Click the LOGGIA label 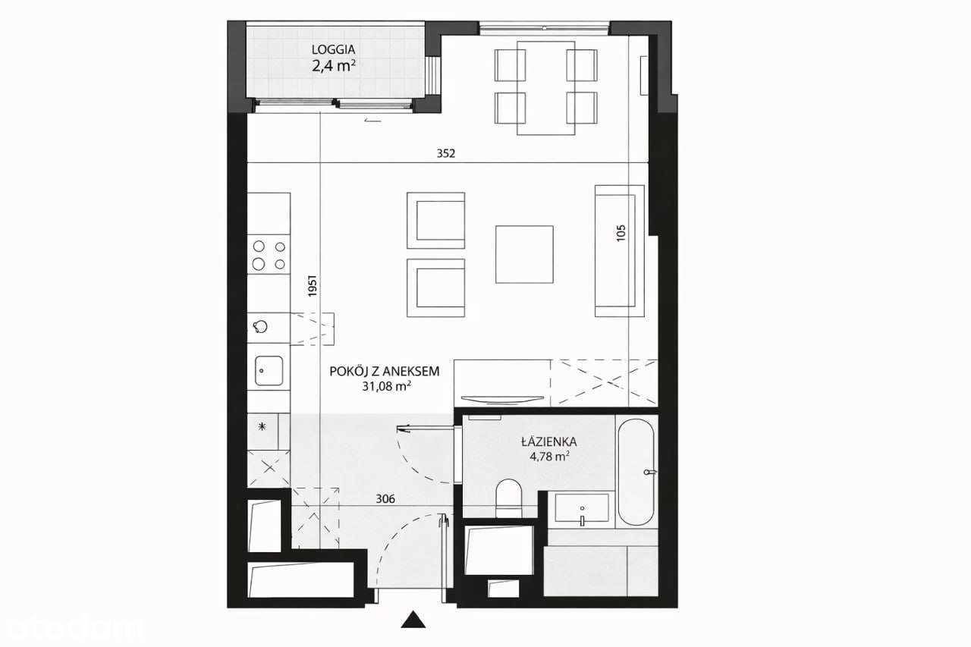(333, 50)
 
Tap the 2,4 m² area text (334, 66)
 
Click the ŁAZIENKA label (549, 441)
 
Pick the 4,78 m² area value (549, 457)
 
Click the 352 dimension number (446, 153)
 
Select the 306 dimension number (386, 498)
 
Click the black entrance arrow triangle (413, 620)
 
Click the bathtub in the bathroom (635, 472)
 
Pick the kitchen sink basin (269, 372)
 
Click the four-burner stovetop (269, 255)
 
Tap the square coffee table (524, 254)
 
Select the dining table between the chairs (545, 88)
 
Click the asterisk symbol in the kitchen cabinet (262, 427)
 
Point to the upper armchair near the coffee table (435, 220)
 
